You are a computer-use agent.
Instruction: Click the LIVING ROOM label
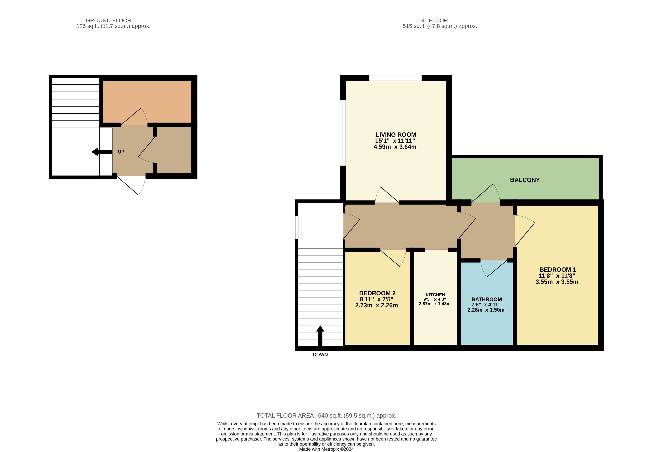pyautogui.click(x=396, y=135)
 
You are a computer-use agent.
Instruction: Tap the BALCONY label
pyautogui.click(x=525, y=180)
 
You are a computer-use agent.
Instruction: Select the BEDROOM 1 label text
pyautogui.click(x=558, y=270)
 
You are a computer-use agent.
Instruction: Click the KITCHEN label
pyautogui.click(x=435, y=295)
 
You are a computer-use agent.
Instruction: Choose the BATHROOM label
pyautogui.click(x=487, y=299)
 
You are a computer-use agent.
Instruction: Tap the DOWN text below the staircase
pyautogui.click(x=320, y=355)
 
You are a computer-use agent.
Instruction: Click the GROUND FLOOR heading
pyautogui.click(x=109, y=20)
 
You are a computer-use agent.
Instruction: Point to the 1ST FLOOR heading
pyautogui.click(x=432, y=20)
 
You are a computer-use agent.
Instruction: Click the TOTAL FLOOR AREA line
pyautogui.click(x=326, y=416)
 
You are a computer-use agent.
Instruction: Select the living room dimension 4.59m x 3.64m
pyautogui.click(x=395, y=147)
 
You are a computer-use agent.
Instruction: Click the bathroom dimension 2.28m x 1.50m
pyautogui.click(x=486, y=310)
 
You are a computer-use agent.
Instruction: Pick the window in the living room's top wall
pyautogui.click(x=395, y=78)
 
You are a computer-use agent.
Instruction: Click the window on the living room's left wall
pyautogui.click(x=343, y=133)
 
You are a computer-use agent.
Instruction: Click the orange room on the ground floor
pyautogui.click(x=147, y=102)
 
